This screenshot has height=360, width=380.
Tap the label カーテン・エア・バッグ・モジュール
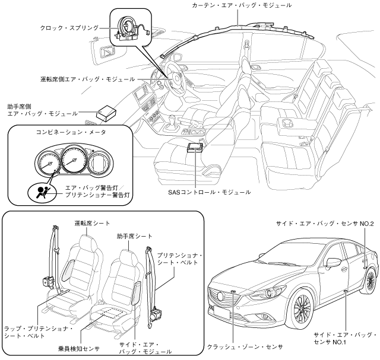[x=242, y=5]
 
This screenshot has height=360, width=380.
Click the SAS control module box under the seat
[x=195, y=147]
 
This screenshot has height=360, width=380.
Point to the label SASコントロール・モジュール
[x=210, y=192]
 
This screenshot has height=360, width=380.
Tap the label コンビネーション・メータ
[x=71, y=132]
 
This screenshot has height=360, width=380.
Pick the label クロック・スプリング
[x=69, y=28]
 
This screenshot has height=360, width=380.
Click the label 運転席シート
[x=92, y=223]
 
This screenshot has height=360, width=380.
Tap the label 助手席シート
[x=134, y=236]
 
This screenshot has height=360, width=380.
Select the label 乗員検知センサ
[x=79, y=349]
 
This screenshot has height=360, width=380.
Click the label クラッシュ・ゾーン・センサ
[x=245, y=347]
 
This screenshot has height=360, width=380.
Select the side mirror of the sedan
[x=332, y=262]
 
